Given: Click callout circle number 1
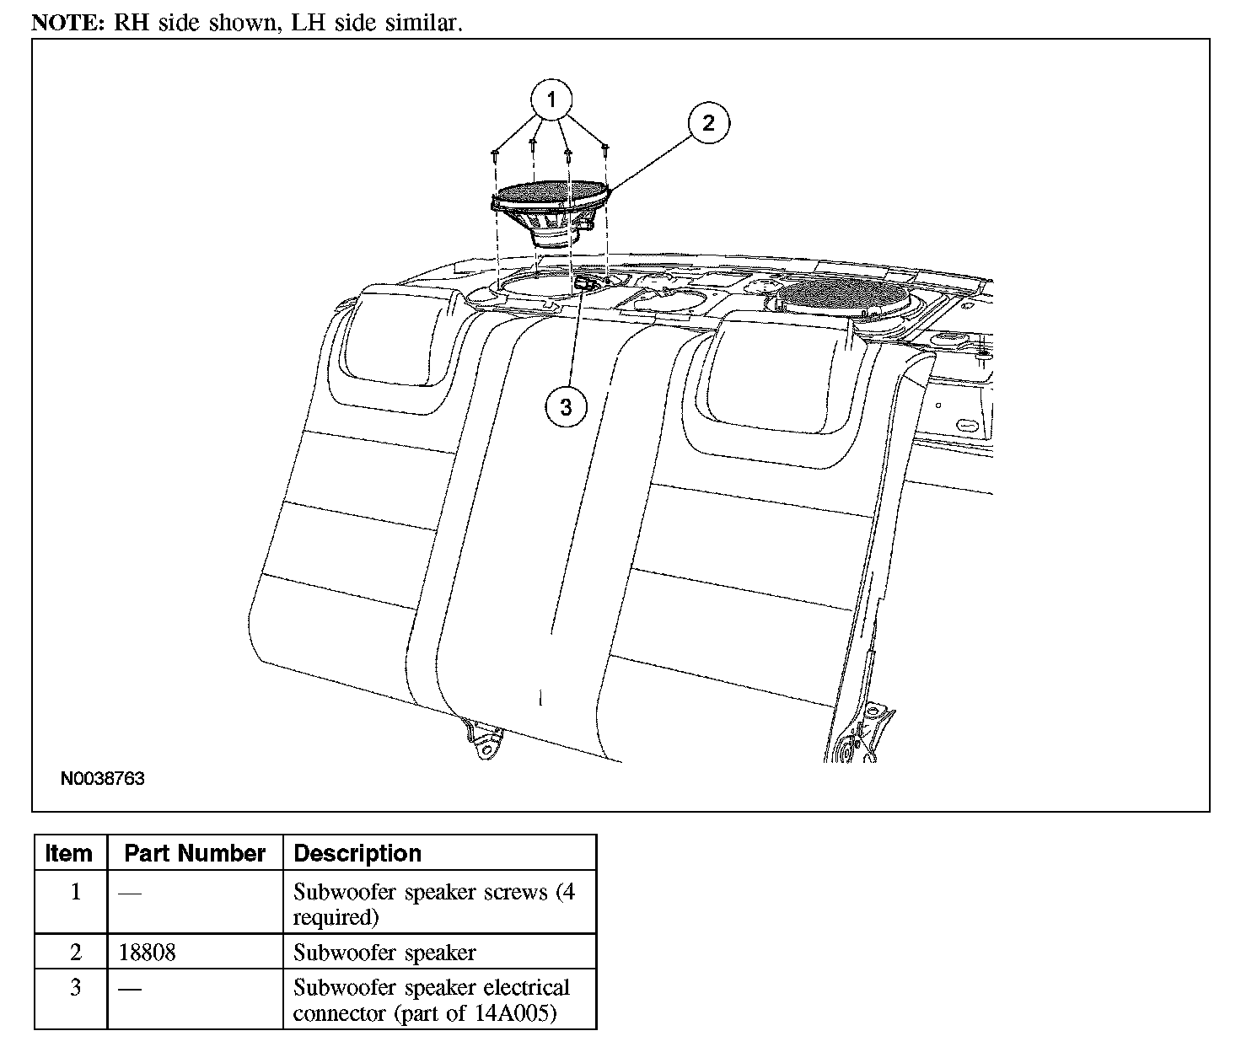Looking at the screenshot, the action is (551, 100).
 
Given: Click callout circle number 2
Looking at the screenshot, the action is (708, 123).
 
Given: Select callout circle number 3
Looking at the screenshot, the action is (565, 407).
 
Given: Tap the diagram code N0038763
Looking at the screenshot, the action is (102, 778).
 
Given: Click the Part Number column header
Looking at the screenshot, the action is (195, 853).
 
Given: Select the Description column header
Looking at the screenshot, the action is (357, 853).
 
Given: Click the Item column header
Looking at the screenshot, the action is (69, 853).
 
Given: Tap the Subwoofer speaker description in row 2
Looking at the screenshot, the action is (384, 953).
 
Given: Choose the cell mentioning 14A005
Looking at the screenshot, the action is (431, 1000).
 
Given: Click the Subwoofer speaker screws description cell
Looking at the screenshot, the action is (433, 904).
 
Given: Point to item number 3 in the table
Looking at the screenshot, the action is (75, 987).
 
